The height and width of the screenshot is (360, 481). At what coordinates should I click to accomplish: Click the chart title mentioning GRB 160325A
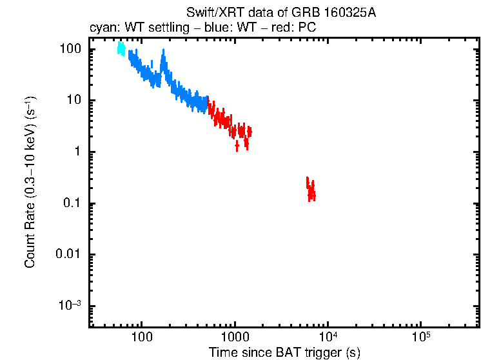click(x=280, y=13)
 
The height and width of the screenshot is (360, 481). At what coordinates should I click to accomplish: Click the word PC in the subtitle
click(x=307, y=28)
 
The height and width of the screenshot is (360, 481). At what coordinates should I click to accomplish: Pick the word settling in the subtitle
click(x=162, y=28)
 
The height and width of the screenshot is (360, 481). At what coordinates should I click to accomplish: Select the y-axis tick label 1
click(x=76, y=152)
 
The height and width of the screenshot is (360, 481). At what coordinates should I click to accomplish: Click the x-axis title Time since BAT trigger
click(x=284, y=352)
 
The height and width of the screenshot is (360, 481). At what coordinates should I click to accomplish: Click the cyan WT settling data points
click(x=121, y=49)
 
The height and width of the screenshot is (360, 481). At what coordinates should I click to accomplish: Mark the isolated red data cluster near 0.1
click(x=311, y=189)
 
